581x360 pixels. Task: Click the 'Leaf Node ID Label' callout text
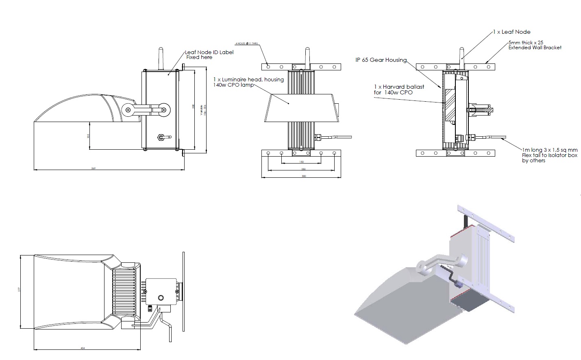coord(209,52)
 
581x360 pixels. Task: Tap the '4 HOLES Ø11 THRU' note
coord(247,43)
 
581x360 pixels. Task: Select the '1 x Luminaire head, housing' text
coord(248,79)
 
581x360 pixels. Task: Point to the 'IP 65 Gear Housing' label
coord(381,60)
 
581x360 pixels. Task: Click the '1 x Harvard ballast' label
coord(399,87)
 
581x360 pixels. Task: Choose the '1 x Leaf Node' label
coord(512,32)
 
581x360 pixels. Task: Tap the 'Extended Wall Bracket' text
coord(535,48)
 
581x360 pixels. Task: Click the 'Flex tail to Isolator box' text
coord(549,155)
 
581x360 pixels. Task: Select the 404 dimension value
coord(83,348)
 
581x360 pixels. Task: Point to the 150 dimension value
coord(301,162)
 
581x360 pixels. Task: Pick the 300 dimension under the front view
coord(303,176)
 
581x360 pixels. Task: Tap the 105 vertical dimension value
coord(88,136)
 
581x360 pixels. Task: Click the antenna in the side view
coord(160,59)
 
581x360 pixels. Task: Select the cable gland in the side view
coord(162,137)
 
